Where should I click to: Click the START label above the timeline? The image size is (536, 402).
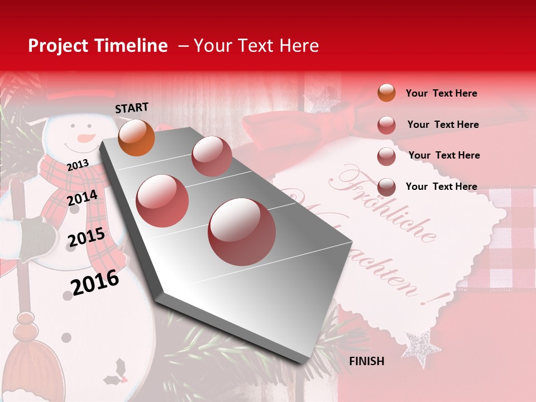132,108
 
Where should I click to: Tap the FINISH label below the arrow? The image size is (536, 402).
366,361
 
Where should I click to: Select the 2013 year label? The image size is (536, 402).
78,165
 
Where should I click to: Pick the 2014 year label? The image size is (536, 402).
82,198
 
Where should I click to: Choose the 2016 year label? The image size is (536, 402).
95,282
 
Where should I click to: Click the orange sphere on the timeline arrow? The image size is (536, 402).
136,137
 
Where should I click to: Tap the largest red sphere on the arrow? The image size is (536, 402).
242,231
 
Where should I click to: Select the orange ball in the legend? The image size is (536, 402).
386,93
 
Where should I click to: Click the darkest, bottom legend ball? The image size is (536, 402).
386,186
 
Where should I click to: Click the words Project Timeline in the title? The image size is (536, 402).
98,46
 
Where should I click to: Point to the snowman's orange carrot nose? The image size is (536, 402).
84,137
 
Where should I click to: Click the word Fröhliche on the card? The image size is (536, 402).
385,204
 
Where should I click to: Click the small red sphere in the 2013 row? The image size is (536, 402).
211,156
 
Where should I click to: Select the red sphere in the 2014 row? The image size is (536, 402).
162,200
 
